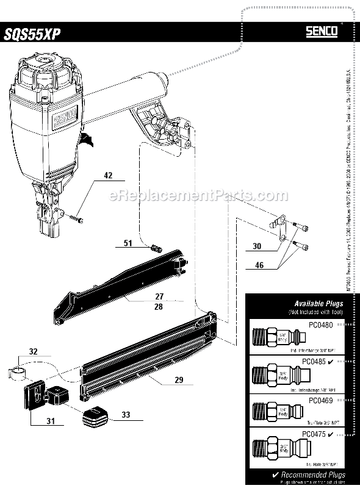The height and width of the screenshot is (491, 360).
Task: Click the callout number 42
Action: tap(109, 176)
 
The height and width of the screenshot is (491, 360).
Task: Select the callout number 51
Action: tap(128, 243)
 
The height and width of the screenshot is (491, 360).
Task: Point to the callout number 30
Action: tap(256, 246)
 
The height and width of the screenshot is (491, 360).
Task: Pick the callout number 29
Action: tap(179, 380)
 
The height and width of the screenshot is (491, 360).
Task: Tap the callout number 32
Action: tap(33, 351)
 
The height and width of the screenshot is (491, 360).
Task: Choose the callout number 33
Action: tap(126, 415)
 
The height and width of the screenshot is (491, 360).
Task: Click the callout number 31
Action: tap(50, 421)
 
